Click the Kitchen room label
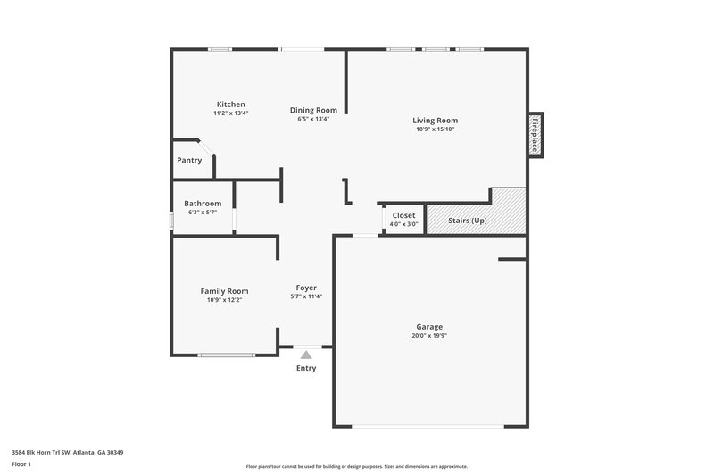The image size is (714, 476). tap(230, 104)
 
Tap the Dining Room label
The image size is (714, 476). tap(313, 110)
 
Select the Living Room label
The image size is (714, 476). tap(435, 120)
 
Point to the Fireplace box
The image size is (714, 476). tap(535, 135)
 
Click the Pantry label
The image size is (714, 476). tap(189, 161)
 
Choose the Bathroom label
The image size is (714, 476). tap(203, 204)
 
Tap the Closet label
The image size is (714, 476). tap(403, 215)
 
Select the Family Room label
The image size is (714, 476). tap(224, 291)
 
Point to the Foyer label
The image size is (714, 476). tap(306, 288)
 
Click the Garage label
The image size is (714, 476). tap(428, 327)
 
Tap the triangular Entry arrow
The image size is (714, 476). tap(306, 355)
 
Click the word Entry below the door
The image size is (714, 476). tap(306, 368)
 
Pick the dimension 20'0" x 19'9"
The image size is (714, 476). tap(428, 336)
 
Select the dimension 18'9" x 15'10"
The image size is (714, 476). tap(435, 129)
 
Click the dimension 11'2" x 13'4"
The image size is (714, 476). tap(230, 113)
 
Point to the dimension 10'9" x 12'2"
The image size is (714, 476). tap(224, 300)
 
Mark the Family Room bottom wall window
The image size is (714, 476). tap(227, 355)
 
